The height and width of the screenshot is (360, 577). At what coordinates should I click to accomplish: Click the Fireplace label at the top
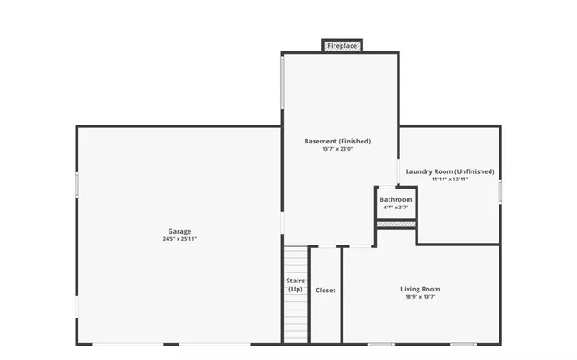tap(343, 45)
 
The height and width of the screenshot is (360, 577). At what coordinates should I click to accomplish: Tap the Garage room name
tap(179, 231)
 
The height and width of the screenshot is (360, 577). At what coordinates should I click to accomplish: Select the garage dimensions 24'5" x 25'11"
tap(179, 239)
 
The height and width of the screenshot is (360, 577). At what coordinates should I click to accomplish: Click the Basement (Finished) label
tap(337, 141)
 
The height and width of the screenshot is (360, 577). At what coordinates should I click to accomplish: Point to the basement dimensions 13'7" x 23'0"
tap(337, 149)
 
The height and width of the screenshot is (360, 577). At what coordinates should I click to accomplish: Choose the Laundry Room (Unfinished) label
tap(450, 171)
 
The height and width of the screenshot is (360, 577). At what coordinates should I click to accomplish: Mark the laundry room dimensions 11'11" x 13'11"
tap(450, 179)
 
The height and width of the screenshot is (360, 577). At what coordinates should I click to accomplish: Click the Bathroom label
tap(396, 199)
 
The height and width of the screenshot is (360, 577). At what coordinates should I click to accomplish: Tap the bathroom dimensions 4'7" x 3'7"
tap(396, 208)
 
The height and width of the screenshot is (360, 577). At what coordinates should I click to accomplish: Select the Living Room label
tap(420, 289)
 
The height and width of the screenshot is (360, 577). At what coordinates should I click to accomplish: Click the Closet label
tap(325, 291)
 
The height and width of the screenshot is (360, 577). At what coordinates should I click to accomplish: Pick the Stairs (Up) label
tap(296, 285)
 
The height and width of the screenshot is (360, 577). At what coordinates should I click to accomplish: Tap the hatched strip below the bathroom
tap(396, 224)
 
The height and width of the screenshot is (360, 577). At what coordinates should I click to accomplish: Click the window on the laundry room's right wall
tap(500, 190)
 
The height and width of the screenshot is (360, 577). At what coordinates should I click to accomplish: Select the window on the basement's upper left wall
tap(283, 83)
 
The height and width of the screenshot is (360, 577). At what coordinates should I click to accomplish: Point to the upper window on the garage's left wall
tap(77, 185)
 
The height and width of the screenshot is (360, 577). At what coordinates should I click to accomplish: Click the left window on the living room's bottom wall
tap(380, 344)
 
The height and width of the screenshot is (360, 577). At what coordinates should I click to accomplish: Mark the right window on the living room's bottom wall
tap(463, 344)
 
